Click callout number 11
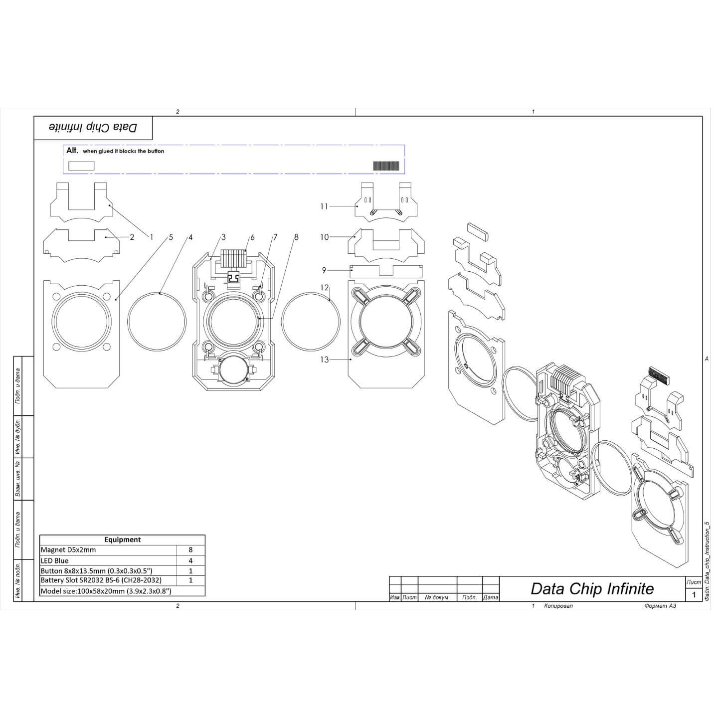(324, 206)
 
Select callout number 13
(325, 359)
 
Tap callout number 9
(324, 270)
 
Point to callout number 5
(171, 237)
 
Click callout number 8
(296, 237)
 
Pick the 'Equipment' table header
(122, 539)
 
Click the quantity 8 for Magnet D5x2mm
(190, 550)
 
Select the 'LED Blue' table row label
(55, 560)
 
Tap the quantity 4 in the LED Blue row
(190, 560)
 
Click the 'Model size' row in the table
(106, 591)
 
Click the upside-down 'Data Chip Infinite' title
(93, 128)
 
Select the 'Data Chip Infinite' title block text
(592, 589)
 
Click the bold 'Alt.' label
(72, 151)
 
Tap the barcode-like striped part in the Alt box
(386, 166)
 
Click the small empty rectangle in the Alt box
(81, 166)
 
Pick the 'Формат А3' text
(660, 606)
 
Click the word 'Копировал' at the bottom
(559, 606)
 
